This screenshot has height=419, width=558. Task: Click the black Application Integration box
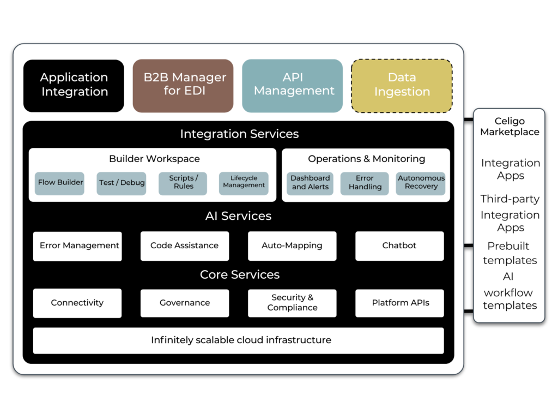point(74,86)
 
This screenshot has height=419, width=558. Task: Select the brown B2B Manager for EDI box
point(183,86)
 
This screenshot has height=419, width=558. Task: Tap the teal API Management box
point(293,86)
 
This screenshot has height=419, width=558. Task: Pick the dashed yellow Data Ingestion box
point(402,86)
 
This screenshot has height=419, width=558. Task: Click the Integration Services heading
point(239,134)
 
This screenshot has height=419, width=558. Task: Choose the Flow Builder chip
point(60,183)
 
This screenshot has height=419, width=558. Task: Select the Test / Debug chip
point(122,183)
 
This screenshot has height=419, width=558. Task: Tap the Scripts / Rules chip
point(183,183)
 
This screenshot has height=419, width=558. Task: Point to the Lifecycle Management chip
point(244,183)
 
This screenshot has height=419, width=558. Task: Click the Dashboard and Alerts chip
point(310,183)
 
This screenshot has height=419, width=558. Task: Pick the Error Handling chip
point(365,183)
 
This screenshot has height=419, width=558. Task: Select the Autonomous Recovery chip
point(421,183)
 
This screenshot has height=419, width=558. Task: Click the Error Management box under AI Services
point(77,246)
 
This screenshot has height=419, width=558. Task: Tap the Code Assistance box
point(185,246)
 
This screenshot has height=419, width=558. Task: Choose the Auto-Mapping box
point(292,246)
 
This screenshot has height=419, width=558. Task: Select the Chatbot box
point(399,246)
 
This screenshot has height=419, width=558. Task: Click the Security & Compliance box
point(292,303)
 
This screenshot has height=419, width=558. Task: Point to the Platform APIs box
point(399,303)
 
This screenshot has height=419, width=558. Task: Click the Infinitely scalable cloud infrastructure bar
point(239,340)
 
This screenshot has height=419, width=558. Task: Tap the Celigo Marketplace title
point(510,127)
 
